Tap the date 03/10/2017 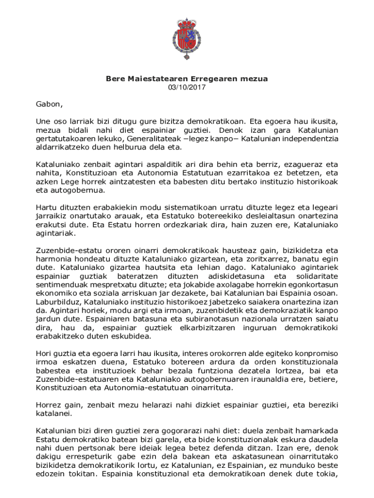point(187,88)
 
